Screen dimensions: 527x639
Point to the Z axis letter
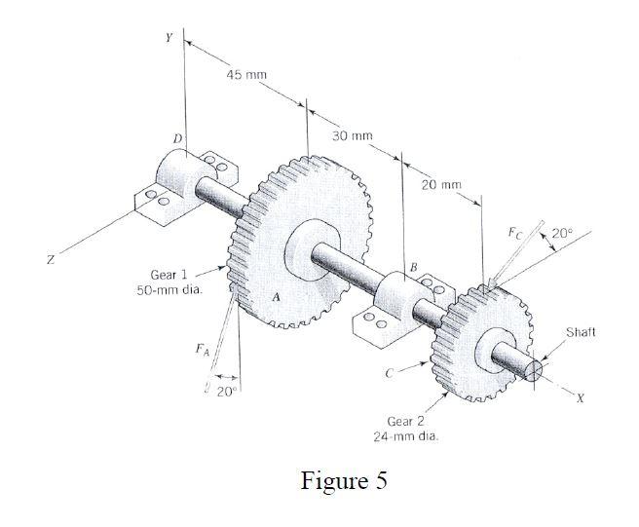coord(49,261)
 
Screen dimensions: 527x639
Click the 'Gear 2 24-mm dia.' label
coord(406,429)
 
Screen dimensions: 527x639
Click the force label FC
coord(515,234)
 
